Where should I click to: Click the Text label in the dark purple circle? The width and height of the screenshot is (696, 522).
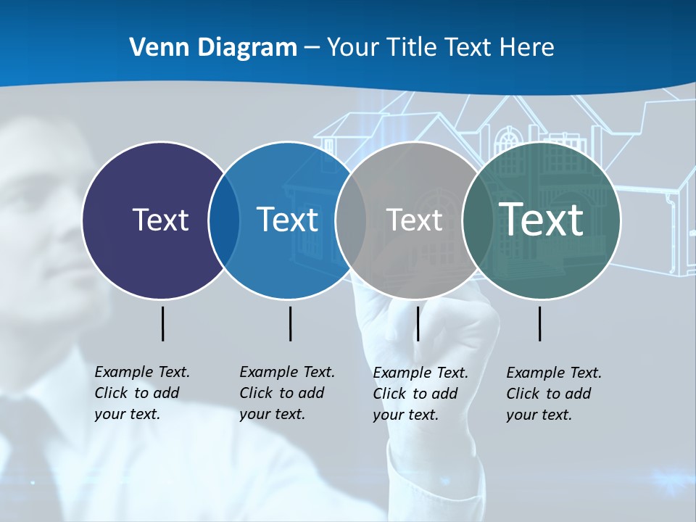click(160, 220)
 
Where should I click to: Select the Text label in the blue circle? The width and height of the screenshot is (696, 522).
click(287, 220)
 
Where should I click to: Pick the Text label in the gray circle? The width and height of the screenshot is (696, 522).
click(414, 220)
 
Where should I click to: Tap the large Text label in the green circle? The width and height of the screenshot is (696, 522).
click(542, 219)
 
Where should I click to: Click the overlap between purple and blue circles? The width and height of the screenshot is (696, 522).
click(224, 220)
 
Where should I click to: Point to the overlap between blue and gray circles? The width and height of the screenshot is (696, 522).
click(351, 220)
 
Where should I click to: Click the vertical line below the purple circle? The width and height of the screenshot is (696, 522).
click(162, 323)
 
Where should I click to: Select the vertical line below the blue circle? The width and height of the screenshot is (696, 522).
click(290, 323)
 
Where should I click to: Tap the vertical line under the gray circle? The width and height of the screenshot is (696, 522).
click(418, 323)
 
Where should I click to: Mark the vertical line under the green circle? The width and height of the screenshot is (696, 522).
click(539, 323)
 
